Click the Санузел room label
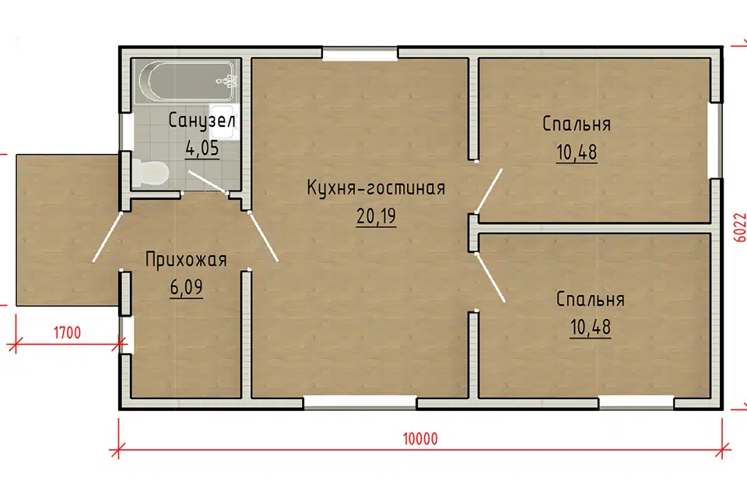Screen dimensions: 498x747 202,121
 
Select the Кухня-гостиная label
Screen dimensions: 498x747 376,188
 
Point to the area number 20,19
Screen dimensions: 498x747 376,216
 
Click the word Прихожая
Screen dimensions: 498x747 186,260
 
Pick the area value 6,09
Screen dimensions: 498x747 186,288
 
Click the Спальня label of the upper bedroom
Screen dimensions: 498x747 577,124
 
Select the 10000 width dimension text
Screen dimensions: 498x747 420,438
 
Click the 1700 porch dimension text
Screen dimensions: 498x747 67,333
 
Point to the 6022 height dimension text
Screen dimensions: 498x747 739,230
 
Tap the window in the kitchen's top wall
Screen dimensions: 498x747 360,54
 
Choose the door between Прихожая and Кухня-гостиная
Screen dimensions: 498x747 263,235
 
